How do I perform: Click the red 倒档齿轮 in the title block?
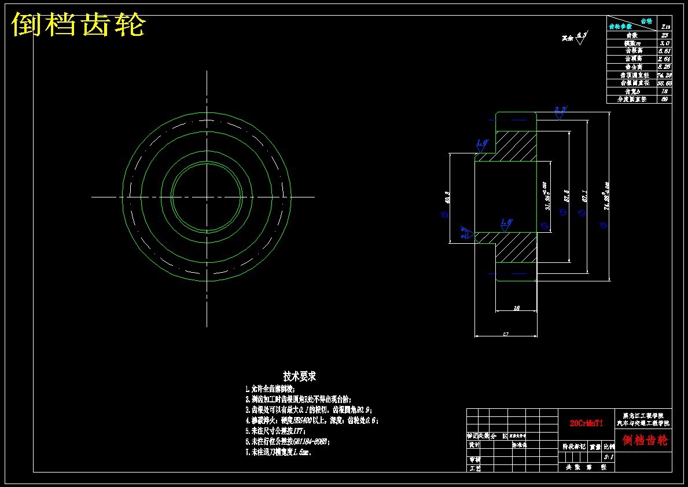pyautogui.click(x=645, y=441)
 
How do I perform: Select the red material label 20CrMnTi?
pyautogui.click(x=586, y=423)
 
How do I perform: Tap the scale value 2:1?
pyautogui.click(x=609, y=457)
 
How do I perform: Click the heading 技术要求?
pyautogui.click(x=299, y=377)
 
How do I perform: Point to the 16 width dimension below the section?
pyautogui.click(x=517, y=308)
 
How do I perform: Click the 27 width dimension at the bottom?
pyautogui.click(x=505, y=334)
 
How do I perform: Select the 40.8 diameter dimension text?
pyautogui.click(x=447, y=197)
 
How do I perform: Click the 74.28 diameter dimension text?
pyautogui.click(x=606, y=196)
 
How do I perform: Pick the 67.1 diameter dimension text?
pyautogui.click(x=585, y=197)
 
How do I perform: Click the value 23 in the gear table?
pyautogui.click(x=665, y=35)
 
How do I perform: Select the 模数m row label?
pyautogui.click(x=631, y=43)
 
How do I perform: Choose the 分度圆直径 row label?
pyautogui.click(x=631, y=100)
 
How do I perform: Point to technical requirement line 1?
pyautogui.click(x=270, y=389)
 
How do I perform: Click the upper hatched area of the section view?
pyautogui.click(x=515, y=147)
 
